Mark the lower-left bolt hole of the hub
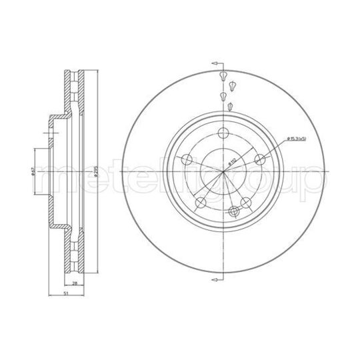pos(200,202)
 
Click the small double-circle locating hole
pos(233,211)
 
